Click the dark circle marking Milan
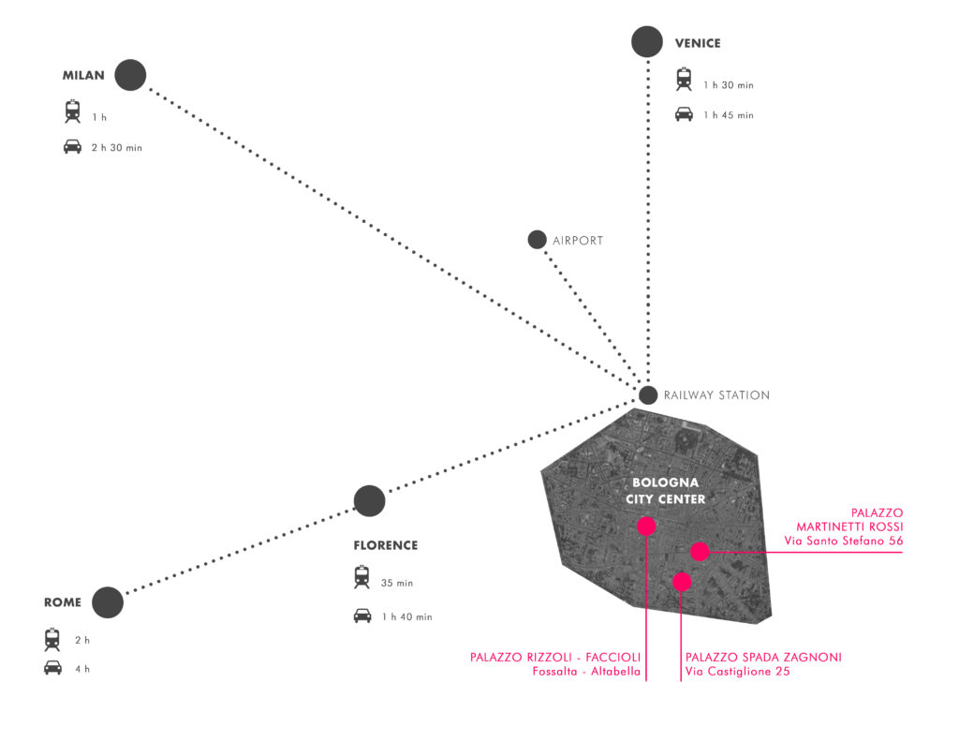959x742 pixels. point(130,75)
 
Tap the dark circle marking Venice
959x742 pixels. point(647,41)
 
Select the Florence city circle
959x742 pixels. point(369,501)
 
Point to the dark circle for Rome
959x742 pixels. point(108,602)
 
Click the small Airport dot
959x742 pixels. point(537,240)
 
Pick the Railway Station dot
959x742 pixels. point(648,395)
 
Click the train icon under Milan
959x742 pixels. point(73,111)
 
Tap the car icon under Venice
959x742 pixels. point(684,114)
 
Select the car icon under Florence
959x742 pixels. point(362,616)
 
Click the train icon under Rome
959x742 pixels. point(52,639)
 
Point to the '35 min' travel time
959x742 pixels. point(397,583)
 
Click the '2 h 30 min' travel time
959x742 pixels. point(117,147)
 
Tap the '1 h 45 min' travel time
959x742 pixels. point(729,115)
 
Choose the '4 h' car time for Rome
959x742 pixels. point(82,669)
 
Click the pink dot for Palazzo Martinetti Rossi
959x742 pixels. point(701,552)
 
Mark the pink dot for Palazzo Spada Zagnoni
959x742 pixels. point(682,581)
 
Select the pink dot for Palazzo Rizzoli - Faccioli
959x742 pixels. point(646,527)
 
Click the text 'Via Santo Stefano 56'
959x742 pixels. point(844,541)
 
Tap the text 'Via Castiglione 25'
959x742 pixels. point(738,671)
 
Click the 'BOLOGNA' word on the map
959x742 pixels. point(666,482)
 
